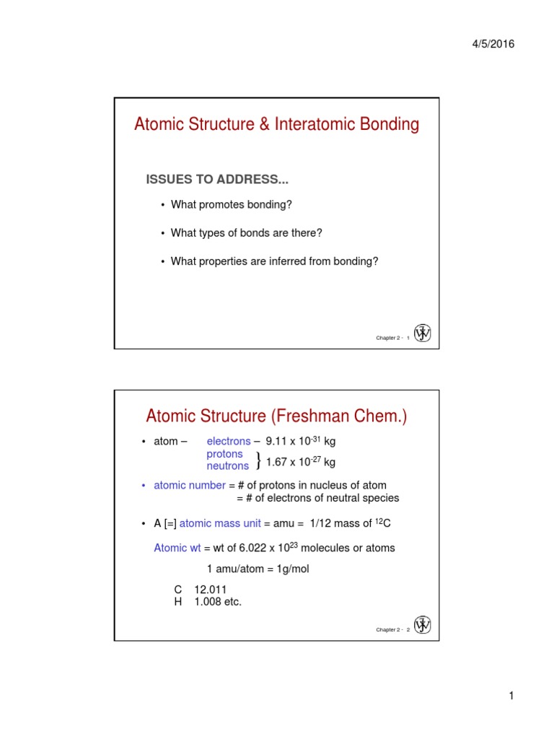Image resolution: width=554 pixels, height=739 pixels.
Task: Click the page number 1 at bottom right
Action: (511, 696)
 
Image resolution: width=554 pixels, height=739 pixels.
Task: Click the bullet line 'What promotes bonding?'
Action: (231, 205)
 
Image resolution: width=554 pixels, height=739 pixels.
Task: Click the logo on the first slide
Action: (422, 333)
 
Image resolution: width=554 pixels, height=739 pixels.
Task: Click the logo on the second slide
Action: (422, 625)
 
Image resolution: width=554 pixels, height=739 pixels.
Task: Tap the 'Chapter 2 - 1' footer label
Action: (393, 338)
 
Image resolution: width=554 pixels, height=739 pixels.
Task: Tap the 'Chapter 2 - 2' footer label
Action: (393, 630)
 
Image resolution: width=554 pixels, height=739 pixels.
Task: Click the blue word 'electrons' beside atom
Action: (229, 441)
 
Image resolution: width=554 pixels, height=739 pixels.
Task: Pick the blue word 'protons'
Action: (225, 454)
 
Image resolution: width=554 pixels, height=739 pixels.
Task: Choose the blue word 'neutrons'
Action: (228, 466)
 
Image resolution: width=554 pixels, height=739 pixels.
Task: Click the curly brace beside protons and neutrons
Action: (258, 460)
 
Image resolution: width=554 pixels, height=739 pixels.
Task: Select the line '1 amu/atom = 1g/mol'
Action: (258, 569)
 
